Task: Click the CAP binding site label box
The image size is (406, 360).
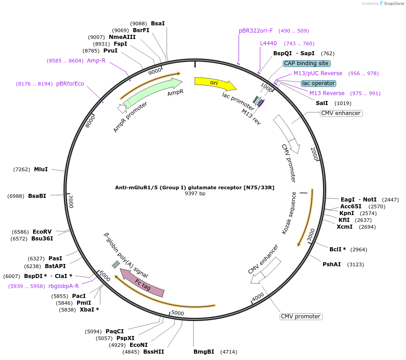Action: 306,63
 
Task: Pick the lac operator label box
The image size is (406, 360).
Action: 319,83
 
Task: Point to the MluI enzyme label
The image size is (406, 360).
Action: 41,169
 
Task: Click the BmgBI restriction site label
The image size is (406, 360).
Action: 203,352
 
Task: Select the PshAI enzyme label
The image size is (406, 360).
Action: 332,264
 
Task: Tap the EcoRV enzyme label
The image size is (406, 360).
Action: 42,232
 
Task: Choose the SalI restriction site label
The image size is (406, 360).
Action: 322,103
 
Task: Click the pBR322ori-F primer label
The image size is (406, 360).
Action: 256,31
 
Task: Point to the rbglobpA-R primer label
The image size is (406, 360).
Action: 63,286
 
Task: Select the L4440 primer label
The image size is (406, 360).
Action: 268,43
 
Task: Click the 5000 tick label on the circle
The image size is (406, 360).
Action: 177,313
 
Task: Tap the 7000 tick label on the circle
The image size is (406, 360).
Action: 70,201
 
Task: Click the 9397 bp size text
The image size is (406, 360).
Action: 195,193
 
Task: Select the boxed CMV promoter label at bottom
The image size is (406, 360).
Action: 301,317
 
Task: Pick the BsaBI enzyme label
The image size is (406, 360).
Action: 37,196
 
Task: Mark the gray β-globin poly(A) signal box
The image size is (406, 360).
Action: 116,264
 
